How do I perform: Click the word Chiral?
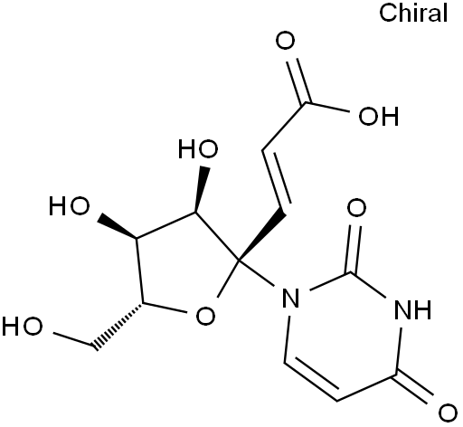(x=413, y=14)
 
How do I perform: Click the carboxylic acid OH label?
(x=379, y=117)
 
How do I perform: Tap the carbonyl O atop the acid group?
(x=285, y=41)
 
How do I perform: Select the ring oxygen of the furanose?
(x=205, y=316)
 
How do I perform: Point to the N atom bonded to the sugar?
(x=291, y=298)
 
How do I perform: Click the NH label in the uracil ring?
(x=412, y=309)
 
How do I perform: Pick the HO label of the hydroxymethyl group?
(x=22, y=327)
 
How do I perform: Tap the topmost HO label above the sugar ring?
(x=198, y=149)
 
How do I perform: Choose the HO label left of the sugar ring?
(x=70, y=206)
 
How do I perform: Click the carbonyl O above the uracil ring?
(x=356, y=208)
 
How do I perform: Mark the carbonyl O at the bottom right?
(x=448, y=413)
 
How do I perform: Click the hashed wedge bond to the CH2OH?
(x=119, y=326)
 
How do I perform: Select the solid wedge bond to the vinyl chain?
(x=261, y=235)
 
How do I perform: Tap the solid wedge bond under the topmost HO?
(x=201, y=190)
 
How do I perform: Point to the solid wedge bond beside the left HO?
(x=117, y=226)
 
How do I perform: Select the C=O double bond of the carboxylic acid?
(x=298, y=81)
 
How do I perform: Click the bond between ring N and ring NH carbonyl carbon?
(x=331, y=281)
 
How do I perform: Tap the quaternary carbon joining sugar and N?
(x=238, y=260)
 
